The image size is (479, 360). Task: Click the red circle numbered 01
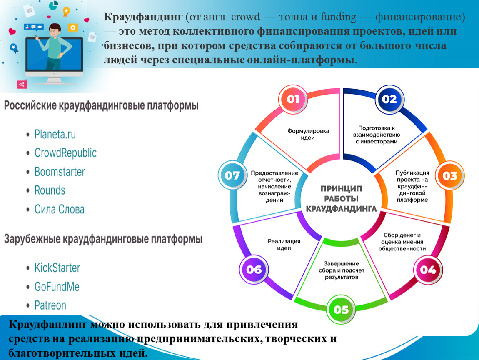coord(293,99)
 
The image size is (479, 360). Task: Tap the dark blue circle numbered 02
coord(389,99)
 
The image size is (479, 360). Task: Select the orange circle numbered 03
coord(450,176)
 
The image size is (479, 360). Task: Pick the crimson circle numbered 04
coord(428,270)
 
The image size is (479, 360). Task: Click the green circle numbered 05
coord(341,310)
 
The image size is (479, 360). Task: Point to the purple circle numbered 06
coord(254,270)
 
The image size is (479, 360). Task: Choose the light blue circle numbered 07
coord(232,175)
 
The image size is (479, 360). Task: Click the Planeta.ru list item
coord(55,134)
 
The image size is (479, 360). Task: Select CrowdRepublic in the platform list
coord(65,153)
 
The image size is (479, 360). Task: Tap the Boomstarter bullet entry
coord(60,172)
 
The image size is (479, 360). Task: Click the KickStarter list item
coord(57,267)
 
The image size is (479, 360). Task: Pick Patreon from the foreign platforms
coord(50,305)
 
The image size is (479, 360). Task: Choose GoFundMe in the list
coord(57,287)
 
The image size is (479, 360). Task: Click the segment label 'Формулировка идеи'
coord(308,134)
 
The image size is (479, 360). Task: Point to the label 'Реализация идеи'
coord(284,245)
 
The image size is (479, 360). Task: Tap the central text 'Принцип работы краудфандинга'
coord(341,199)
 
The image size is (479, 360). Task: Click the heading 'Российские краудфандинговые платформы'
coord(101,105)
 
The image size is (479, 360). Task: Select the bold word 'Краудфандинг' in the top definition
coord(143,17)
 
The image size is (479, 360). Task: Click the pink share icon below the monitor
coord(22,84)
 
